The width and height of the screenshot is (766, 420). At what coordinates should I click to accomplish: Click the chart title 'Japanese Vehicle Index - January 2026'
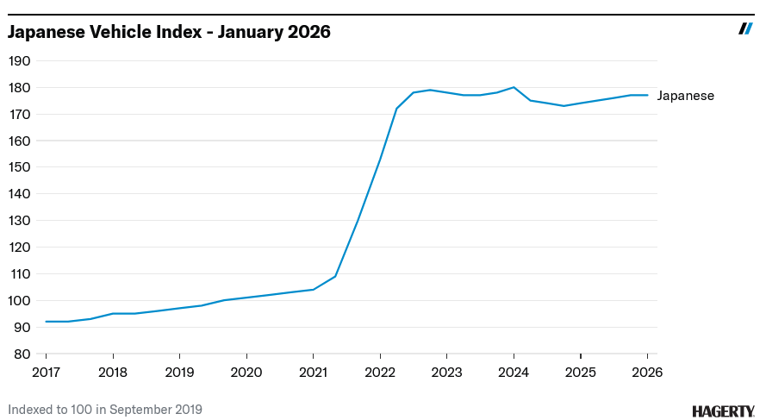pyautogui.click(x=169, y=32)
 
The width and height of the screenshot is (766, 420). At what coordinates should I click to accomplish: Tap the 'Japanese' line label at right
pyautogui.click(x=685, y=96)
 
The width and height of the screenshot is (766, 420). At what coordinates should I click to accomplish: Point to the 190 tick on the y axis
pyautogui.click(x=20, y=61)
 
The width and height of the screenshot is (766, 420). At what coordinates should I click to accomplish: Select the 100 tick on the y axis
pyautogui.click(x=20, y=301)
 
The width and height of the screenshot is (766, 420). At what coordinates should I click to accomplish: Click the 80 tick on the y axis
pyautogui.click(x=22, y=354)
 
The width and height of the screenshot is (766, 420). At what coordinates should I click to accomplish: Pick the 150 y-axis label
pyautogui.click(x=20, y=167)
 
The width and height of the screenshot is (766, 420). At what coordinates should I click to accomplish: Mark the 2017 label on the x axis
pyautogui.click(x=46, y=372)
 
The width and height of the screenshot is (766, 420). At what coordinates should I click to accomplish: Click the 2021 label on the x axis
pyautogui.click(x=313, y=372)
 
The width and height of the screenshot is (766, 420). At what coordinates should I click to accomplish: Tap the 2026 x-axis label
pyautogui.click(x=647, y=372)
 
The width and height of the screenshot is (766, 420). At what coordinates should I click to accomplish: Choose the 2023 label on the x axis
pyautogui.click(x=446, y=372)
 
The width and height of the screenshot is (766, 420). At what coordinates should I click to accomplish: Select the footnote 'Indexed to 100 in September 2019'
pyautogui.click(x=105, y=410)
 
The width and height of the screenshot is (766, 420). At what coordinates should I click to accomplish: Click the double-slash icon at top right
pyautogui.click(x=746, y=28)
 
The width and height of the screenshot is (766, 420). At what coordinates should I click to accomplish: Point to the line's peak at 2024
pyautogui.click(x=514, y=87)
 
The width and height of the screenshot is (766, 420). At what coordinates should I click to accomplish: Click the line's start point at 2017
pyautogui.click(x=46, y=322)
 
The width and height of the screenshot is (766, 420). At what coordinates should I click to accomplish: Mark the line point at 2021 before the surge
pyautogui.click(x=313, y=290)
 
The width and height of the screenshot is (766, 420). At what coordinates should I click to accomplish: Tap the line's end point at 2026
pyautogui.click(x=647, y=95)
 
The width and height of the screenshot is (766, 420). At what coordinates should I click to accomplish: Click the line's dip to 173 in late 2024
pyautogui.click(x=564, y=106)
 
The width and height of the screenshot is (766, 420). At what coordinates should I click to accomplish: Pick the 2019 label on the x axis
pyautogui.click(x=179, y=372)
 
